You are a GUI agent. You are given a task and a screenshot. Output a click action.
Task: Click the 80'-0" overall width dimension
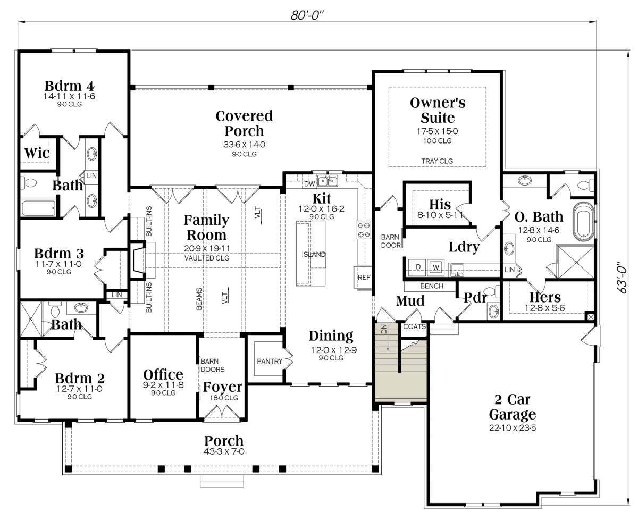[307, 15]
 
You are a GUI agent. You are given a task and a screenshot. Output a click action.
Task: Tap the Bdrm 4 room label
[70, 86]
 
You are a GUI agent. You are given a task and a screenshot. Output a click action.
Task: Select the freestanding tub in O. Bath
[583, 222]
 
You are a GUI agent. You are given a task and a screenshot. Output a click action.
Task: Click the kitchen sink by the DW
[328, 181]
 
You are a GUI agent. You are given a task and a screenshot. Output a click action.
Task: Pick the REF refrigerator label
[364, 278]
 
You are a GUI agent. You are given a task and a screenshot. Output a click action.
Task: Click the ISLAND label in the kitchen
[313, 254]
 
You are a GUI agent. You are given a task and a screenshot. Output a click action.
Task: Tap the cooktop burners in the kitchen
[364, 230]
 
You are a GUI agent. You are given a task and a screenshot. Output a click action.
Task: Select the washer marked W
[436, 267]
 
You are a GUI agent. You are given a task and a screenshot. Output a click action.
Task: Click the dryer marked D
[418, 267]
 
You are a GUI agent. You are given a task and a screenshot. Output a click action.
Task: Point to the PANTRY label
[270, 361]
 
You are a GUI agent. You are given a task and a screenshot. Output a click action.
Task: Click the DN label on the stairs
[384, 330]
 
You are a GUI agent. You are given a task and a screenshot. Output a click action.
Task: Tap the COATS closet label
[415, 326]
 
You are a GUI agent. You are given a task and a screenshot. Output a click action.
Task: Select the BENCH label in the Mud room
[432, 286]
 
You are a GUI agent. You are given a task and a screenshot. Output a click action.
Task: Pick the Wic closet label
[37, 153]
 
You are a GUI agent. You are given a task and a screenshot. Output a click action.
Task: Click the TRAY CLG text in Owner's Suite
[437, 161]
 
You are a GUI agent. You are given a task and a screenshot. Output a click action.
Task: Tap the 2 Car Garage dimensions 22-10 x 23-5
[513, 427]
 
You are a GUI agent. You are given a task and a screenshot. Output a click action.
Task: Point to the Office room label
[163, 374]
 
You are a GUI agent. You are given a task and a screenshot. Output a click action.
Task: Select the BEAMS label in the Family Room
[199, 299]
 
